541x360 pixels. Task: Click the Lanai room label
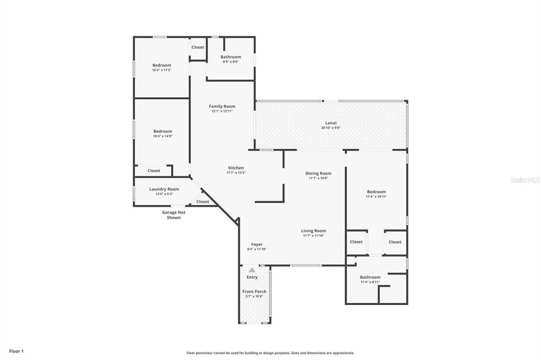click(x=331, y=122)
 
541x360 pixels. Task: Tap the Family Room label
click(x=222, y=106)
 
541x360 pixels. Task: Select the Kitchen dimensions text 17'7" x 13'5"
click(x=236, y=173)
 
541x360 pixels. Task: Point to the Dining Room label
click(x=319, y=173)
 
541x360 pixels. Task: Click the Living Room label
click(x=313, y=231)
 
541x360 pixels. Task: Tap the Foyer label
click(x=257, y=244)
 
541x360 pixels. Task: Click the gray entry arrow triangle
click(x=252, y=270)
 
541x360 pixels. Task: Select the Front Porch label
click(x=254, y=291)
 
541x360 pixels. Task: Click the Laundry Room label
click(x=164, y=189)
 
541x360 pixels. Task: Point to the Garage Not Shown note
click(x=174, y=215)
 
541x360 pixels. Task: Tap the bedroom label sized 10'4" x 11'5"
click(x=162, y=65)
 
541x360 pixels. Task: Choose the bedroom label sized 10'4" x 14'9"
click(x=163, y=131)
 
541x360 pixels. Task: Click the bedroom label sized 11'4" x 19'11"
click(x=376, y=192)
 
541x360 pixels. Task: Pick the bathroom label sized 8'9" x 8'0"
click(x=230, y=57)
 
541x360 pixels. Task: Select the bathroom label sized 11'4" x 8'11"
click(x=370, y=277)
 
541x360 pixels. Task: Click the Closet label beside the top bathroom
click(x=198, y=47)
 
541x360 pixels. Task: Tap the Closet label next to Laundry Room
click(x=203, y=202)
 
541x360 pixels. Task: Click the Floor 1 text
click(x=16, y=351)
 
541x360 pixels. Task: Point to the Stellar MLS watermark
click(x=525, y=180)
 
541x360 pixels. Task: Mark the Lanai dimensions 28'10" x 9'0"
click(x=331, y=127)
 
